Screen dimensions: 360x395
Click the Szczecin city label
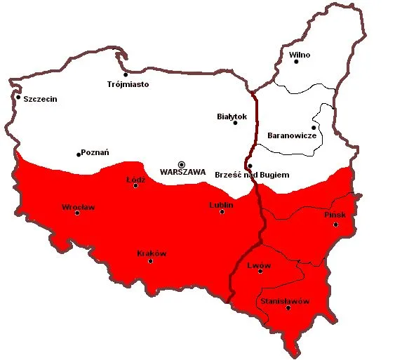click(x=41, y=99)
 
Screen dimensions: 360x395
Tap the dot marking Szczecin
click(x=18, y=97)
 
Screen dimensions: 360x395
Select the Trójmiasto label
click(x=128, y=84)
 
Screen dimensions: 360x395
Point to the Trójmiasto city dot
click(x=126, y=74)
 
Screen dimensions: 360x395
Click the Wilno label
click(x=300, y=54)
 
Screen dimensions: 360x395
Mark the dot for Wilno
click(x=297, y=62)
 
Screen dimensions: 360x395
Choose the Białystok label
click(x=233, y=114)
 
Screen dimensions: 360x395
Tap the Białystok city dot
click(x=236, y=123)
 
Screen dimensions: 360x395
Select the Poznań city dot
click(x=78, y=154)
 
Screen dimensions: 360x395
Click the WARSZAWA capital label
click(x=182, y=171)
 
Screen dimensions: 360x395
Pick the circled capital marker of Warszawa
click(x=182, y=164)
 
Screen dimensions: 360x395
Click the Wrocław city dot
click(x=77, y=213)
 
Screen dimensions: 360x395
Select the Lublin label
click(x=221, y=204)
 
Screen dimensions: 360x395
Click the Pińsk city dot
click(x=336, y=225)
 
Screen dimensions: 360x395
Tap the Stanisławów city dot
click(x=288, y=308)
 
